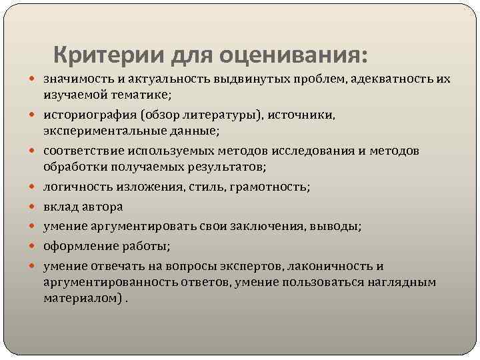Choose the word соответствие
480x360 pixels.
[x=80, y=151]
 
